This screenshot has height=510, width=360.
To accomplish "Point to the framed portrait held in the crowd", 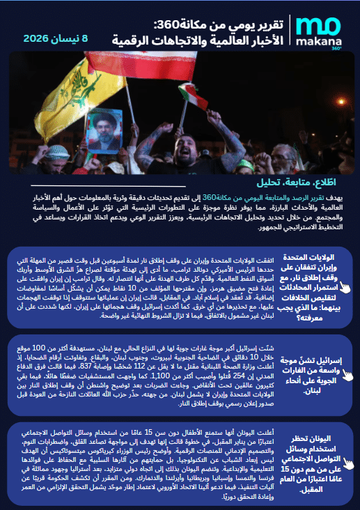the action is (106, 129).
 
